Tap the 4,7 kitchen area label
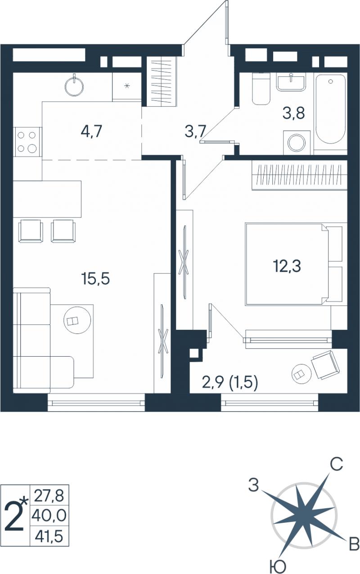91,131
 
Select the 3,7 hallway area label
195,132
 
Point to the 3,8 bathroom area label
293,113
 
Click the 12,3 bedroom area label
287,266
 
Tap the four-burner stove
27,142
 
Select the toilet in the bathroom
261,89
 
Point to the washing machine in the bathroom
297,143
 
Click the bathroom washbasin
291,82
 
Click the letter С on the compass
336,464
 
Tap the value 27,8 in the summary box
49,497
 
